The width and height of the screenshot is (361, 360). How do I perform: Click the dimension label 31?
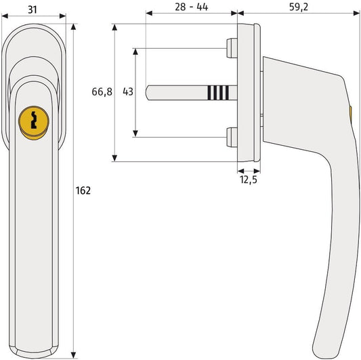click(x=33, y=9)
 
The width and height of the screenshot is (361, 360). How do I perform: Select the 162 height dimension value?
click(x=83, y=191)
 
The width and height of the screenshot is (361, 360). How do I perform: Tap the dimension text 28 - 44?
click(x=191, y=7)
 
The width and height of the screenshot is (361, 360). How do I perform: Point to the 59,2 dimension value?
click(x=299, y=7)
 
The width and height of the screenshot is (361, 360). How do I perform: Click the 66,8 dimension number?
click(x=102, y=92)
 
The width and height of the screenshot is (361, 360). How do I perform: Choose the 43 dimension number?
click(x=128, y=92)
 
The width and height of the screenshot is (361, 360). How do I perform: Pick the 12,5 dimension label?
click(x=249, y=180)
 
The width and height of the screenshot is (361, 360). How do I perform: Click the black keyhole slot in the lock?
click(x=34, y=120)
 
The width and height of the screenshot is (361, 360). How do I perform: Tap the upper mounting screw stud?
click(x=232, y=48)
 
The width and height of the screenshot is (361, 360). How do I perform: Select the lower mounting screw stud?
click(x=232, y=138)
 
